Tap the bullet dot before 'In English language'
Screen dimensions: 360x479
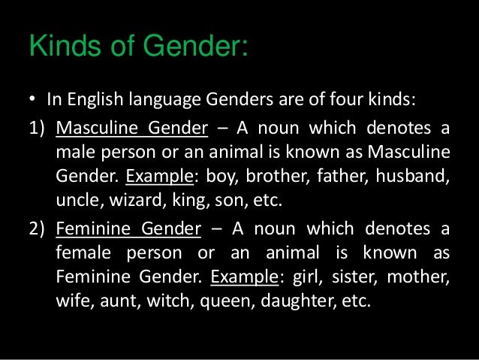click(33, 99)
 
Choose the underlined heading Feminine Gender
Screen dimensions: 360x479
click(128, 228)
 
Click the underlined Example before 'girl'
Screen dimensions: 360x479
click(245, 276)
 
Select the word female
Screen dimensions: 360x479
click(83, 252)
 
